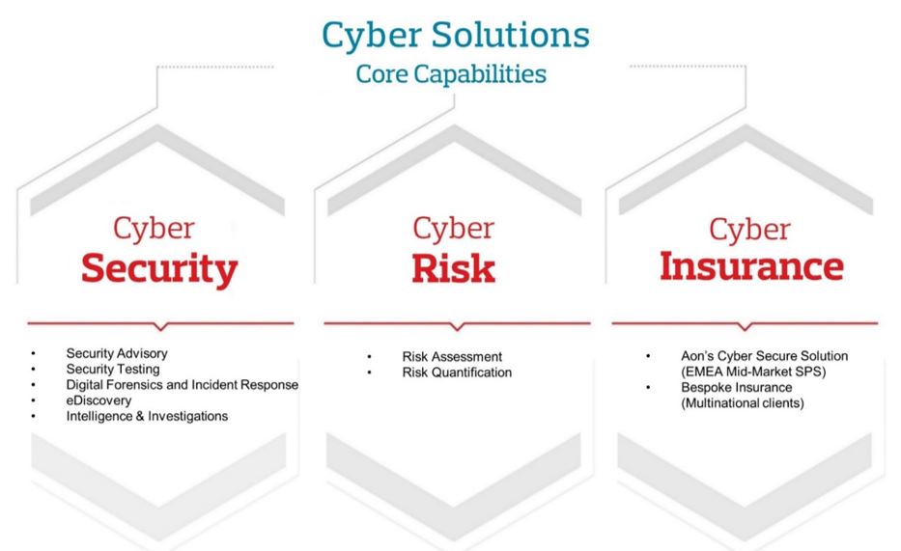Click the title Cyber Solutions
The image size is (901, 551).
click(x=456, y=36)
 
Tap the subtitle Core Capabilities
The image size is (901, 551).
click(x=451, y=74)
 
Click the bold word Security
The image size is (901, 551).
click(x=159, y=268)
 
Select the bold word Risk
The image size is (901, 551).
click(x=453, y=268)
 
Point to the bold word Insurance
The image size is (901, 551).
click(x=751, y=266)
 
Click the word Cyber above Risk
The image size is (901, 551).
click(x=453, y=229)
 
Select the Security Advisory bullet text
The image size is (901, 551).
click(x=117, y=353)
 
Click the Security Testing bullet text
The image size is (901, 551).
click(x=113, y=369)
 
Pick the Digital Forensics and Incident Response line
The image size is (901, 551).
click(x=183, y=385)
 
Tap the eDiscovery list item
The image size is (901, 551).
click(x=99, y=400)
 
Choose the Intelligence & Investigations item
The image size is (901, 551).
click(x=147, y=416)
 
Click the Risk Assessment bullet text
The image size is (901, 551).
click(x=452, y=357)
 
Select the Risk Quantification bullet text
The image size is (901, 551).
click(x=457, y=372)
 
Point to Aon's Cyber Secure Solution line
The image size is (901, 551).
click(x=764, y=356)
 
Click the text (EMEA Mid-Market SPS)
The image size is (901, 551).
click(x=753, y=372)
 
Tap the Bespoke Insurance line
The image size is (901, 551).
click(x=737, y=387)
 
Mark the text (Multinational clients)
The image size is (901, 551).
click(x=743, y=403)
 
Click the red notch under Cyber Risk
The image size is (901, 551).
click(x=458, y=326)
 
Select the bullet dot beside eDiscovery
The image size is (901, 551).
click(x=34, y=400)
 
